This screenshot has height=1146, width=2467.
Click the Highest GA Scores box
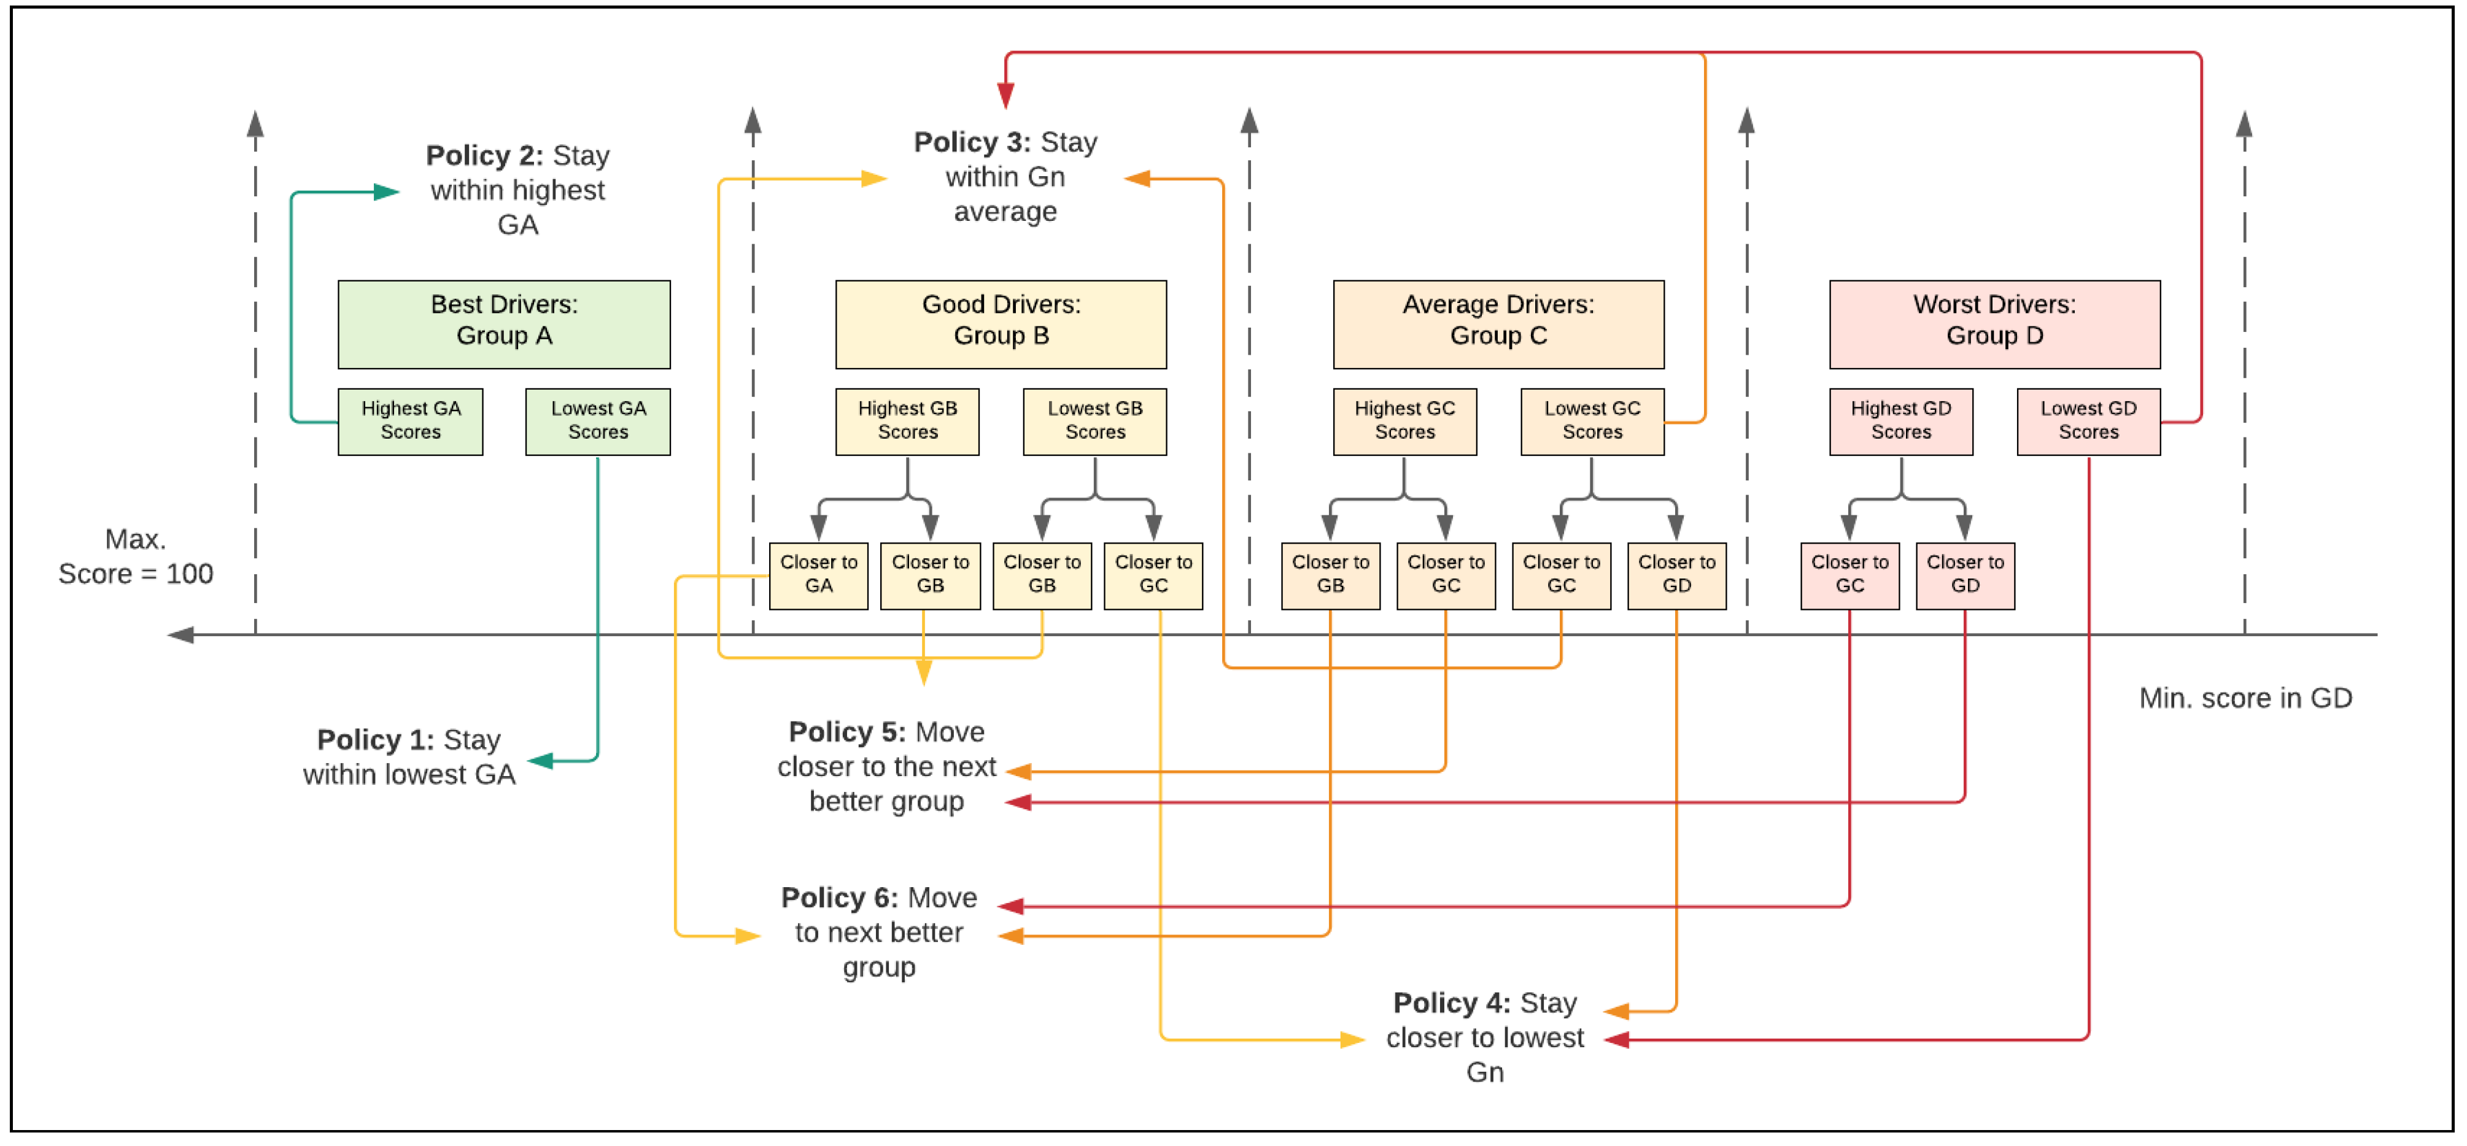410,421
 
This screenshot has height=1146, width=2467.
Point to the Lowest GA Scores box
598,421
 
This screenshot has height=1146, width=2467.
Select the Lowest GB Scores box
1094,421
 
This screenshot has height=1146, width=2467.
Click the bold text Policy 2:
484,155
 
